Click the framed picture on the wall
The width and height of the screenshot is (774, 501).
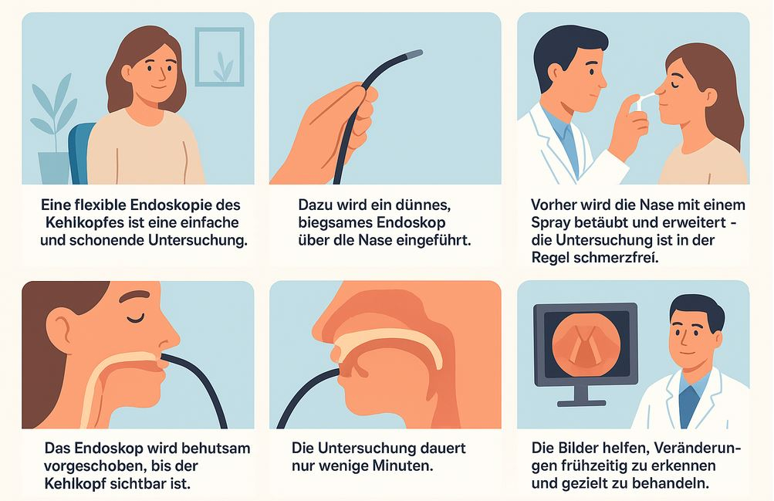click(x=219, y=57)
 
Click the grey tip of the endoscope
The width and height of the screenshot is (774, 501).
click(x=413, y=54)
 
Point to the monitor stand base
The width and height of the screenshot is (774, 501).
click(x=581, y=403)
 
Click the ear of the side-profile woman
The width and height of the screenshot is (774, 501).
click(x=63, y=328)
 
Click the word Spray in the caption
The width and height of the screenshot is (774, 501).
click(x=550, y=222)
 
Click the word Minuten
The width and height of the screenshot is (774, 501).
click(x=403, y=465)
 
